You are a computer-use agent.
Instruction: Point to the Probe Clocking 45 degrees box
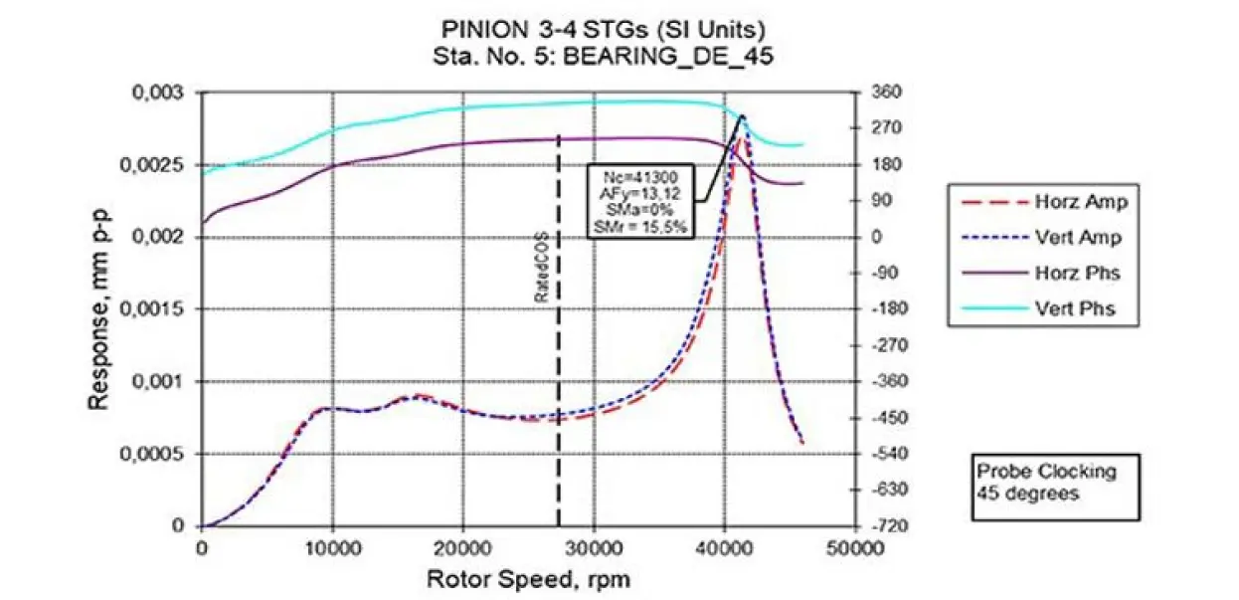tap(1054, 483)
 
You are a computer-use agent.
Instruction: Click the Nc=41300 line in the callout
tap(639, 177)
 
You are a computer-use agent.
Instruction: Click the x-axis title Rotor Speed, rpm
tap(528, 578)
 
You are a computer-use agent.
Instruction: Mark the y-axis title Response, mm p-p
tap(97, 309)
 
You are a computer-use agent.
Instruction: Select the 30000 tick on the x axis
tap(594, 547)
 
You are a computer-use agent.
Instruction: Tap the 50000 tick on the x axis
tap(855, 547)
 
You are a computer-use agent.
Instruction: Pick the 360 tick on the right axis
tap(884, 93)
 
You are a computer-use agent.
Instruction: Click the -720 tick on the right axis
tap(885, 525)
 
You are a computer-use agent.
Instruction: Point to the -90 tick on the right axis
tap(884, 273)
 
